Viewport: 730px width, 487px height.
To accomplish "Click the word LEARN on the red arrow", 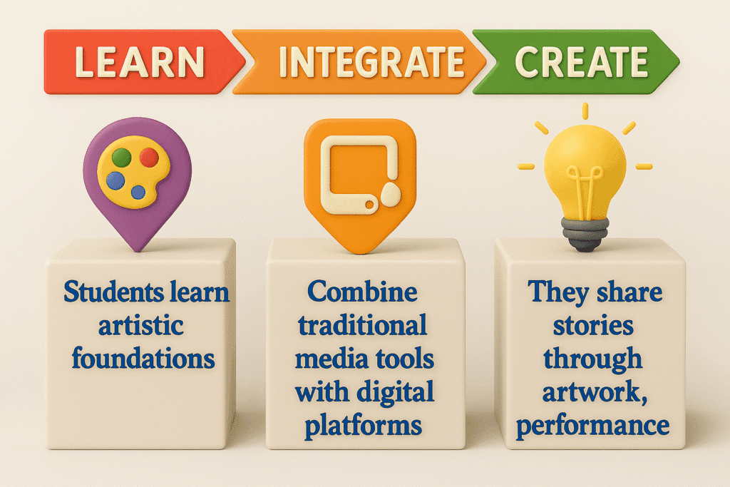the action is [x=140, y=61].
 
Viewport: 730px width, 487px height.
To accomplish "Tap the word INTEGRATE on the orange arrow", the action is [x=371, y=61].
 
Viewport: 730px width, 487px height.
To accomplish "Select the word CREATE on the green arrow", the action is [x=582, y=61].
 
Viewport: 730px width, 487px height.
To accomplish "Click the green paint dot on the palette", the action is [x=121, y=158].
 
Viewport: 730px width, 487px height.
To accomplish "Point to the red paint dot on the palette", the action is [x=149, y=158].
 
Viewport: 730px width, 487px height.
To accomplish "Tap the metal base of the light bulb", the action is [x=585, y=234].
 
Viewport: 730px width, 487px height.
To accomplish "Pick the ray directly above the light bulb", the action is [x=585, y=111].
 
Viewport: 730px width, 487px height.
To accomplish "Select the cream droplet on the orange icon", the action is [x=391, y=194].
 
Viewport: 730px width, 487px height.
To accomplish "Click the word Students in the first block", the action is [x=113, y=292].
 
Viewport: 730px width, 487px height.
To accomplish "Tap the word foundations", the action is [x=143, y=359].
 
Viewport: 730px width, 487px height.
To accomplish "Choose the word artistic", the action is [x=140, y=325].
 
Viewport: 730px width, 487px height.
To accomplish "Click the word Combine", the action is [x=362, y=292].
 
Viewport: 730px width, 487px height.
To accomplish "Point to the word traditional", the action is [x=362, y=325].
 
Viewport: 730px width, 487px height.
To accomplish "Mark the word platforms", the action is [x=363, y=426].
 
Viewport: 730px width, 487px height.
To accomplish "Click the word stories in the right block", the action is [x=592, y=325].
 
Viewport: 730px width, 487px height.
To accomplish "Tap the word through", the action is [x=592, y=359].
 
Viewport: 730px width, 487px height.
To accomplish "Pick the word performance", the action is [x=592, y=426].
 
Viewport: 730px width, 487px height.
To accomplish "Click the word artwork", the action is [x=592, y=392].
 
